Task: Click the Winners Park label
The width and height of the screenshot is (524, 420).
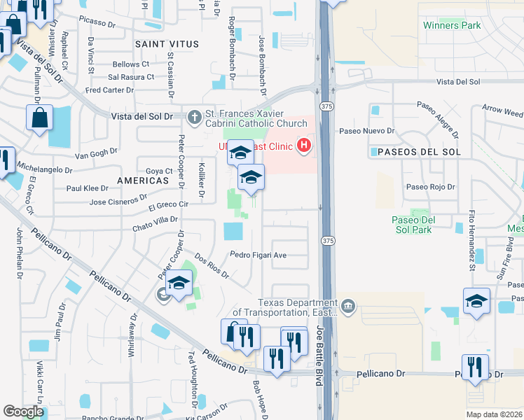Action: [x=452, y=25]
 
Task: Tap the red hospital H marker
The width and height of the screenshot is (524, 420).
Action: [x=304, y=146]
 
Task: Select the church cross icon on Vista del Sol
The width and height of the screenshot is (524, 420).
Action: [x=194, y=115]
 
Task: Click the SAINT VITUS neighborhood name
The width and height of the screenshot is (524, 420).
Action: [x=167, y=44]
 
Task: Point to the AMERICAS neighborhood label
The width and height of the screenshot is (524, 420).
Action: [x=144, y=180]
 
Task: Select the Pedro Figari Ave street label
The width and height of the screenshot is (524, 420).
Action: [x=258, y=255]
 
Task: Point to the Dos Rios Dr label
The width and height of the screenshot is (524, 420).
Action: [x=212, y=266]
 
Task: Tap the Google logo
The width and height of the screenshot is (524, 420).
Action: [x=23, y=411]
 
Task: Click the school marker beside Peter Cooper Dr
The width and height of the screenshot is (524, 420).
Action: [x=179, y=283]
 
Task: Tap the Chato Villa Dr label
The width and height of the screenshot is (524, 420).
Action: [x=156, y=219]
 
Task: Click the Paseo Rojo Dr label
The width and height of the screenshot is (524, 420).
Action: [x=431, y=187]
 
